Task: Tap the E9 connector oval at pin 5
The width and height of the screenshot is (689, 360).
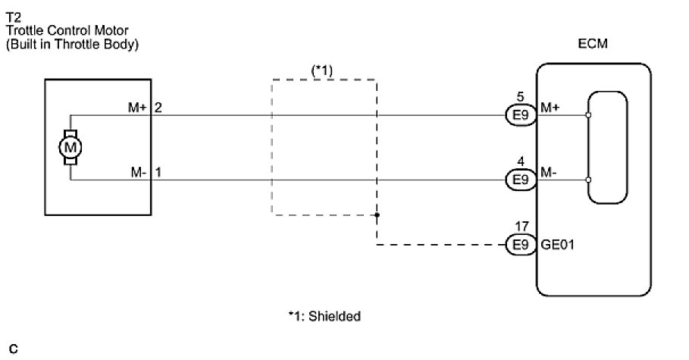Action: [x=519, y=116]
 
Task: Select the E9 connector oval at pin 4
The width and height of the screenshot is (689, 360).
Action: [x=519, y=180]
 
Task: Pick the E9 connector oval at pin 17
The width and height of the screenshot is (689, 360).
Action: [x=519, y=246]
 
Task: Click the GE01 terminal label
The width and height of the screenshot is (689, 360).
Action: [x=557, y=246]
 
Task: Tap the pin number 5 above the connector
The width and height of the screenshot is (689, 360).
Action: [x=519, y=98]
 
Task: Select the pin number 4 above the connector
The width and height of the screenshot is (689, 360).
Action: [x=519, y=161]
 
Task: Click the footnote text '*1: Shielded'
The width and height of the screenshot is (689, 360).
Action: [x=324, y=316]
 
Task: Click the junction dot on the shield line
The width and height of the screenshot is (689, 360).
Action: [x=377, y=215]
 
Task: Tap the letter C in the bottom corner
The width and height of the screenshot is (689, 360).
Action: [x=13, y=349]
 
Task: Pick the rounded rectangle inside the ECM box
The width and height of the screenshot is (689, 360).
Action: [x=609, y=147]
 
